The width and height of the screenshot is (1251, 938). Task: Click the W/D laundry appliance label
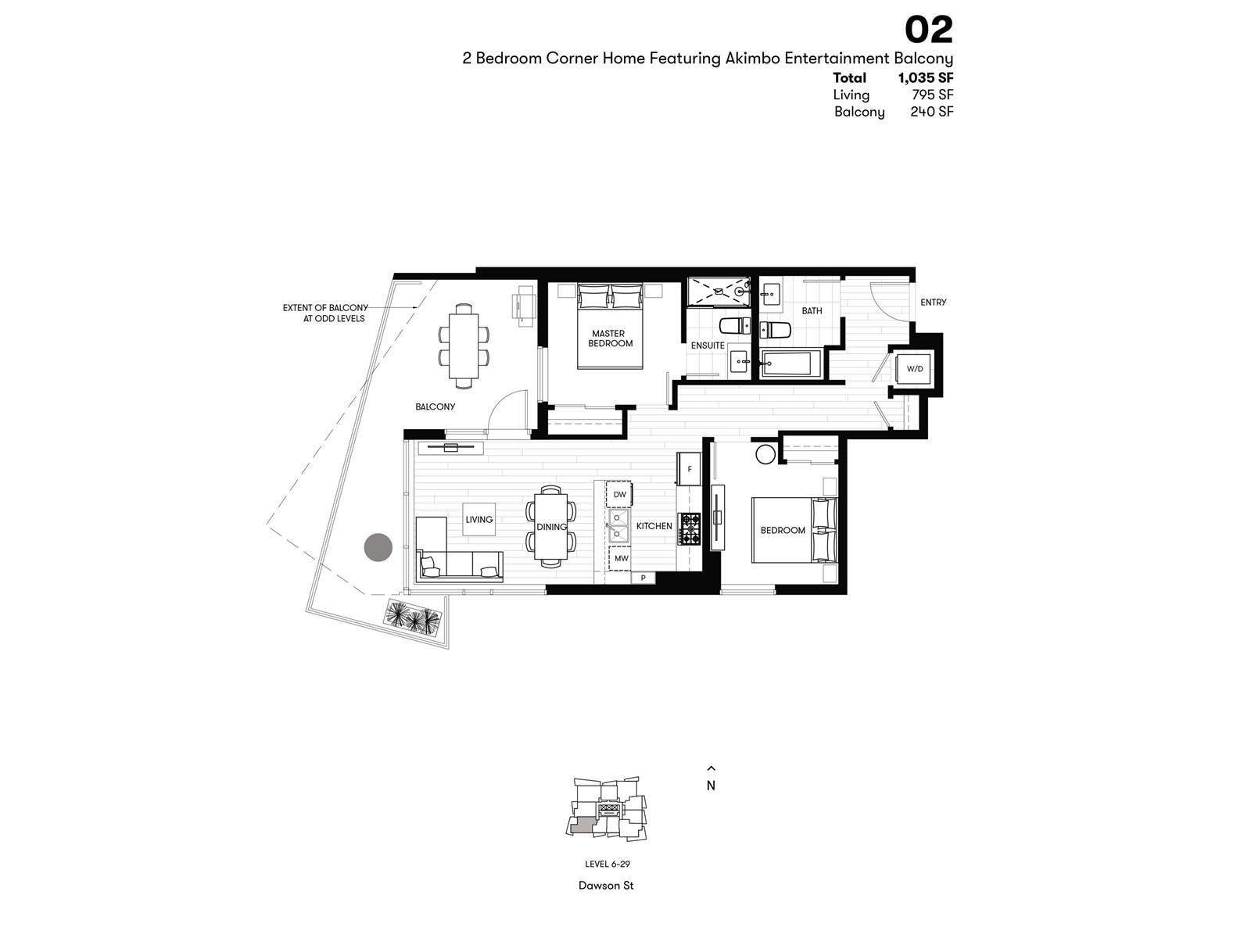[x=914, y=368]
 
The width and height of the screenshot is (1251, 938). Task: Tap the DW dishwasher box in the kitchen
[x=619, y=494]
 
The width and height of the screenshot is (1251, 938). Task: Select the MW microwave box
[x=621, y=558]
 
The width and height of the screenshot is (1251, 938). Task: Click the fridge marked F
[x=689, y=469]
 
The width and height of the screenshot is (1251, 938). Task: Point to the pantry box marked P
[x=643, y=578]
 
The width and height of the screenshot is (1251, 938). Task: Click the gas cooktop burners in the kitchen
[x=690, y=529]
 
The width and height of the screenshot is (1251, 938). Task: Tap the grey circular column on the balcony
[x=378, y=547]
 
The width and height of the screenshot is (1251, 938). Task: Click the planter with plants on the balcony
[x=414, y=617]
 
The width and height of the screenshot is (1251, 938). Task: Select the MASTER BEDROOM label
[x=609, y=338]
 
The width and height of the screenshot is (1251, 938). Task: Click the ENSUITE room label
[x=708, y=345]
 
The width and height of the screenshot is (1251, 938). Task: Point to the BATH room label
[x=812, y=311]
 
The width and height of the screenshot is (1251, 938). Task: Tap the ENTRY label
[x=933, y=303]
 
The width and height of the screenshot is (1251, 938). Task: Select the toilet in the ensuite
[x=735, y=326]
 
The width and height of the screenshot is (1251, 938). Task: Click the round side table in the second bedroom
[x=765, y=454]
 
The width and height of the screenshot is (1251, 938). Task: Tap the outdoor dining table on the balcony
[x=464, y=345]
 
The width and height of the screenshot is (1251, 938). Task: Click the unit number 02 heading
[x=928, y=30]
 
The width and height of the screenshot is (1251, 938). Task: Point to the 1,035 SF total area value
[x=926, y=78]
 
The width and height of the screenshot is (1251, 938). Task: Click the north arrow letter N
[x=711, y=786]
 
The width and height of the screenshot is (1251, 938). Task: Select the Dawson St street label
[x=606, y=886]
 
